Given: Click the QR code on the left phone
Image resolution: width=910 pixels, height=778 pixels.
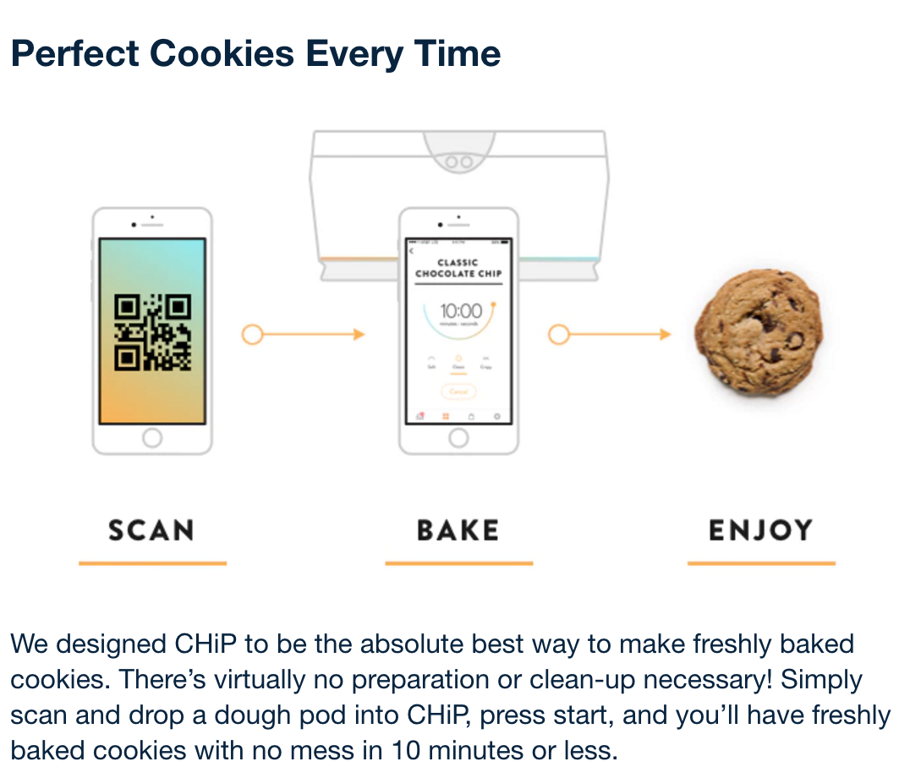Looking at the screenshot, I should [x=152, y=331].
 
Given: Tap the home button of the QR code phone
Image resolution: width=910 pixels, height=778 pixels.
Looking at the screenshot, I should [x=152, y=437].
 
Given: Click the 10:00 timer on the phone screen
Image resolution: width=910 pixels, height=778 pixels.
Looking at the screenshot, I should [x=460, y=312].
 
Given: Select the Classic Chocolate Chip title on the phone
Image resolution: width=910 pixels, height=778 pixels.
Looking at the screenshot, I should [x=458, y=268].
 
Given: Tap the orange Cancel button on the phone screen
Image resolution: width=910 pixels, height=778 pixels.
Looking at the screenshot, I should [x=458, y=392].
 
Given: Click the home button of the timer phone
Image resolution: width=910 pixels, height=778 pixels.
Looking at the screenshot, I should [x=458, y=437].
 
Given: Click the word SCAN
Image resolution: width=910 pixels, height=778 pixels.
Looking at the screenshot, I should [x=151, y=530].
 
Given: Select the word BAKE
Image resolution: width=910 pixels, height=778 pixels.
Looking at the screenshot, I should [x=458, y=530].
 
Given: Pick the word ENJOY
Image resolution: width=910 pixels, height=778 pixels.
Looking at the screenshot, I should [x=760, y=530].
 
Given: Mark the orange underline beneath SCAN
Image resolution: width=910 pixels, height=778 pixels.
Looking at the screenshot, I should [x=152, y=562].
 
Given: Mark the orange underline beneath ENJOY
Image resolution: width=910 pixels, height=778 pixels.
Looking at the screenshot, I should [x=761, y=562].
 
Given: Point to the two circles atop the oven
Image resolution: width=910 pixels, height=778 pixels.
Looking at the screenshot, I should [x=458, y=160].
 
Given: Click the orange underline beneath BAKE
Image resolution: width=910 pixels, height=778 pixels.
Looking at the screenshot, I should [x=458, y=562].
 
